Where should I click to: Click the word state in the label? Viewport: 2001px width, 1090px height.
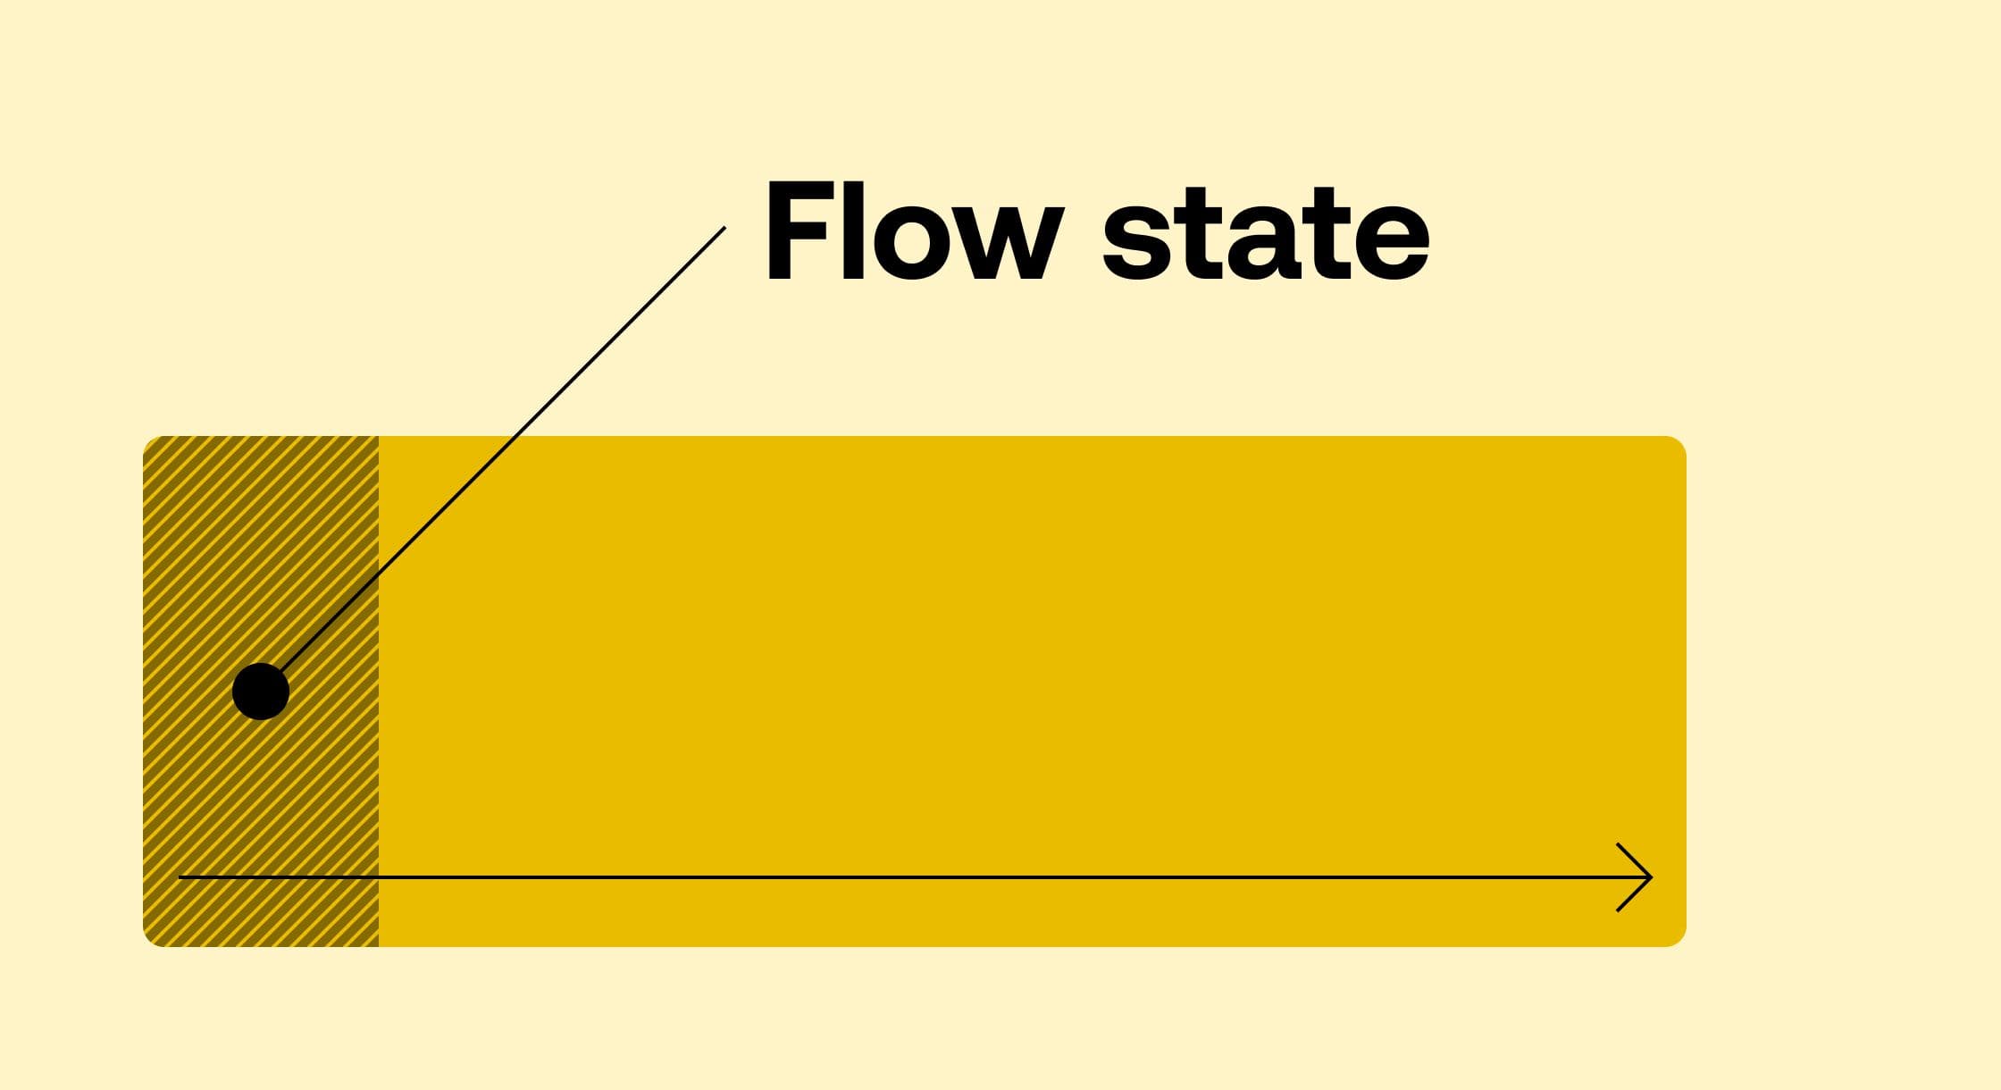[x=1266, y=234]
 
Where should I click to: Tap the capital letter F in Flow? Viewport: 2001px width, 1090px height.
[x=802, y=232]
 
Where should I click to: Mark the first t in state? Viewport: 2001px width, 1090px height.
[x=1193, y=234]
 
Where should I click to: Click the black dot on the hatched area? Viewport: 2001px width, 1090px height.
[x=261, y=691]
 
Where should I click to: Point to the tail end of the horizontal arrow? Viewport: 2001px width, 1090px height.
[x=181, y=877]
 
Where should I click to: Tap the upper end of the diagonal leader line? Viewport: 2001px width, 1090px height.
[x=724, y=229]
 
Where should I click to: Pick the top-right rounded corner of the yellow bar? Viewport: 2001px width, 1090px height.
[x=1677, y=446]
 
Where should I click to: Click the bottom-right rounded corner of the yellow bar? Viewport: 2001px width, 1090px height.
[x=1677, y=937]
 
